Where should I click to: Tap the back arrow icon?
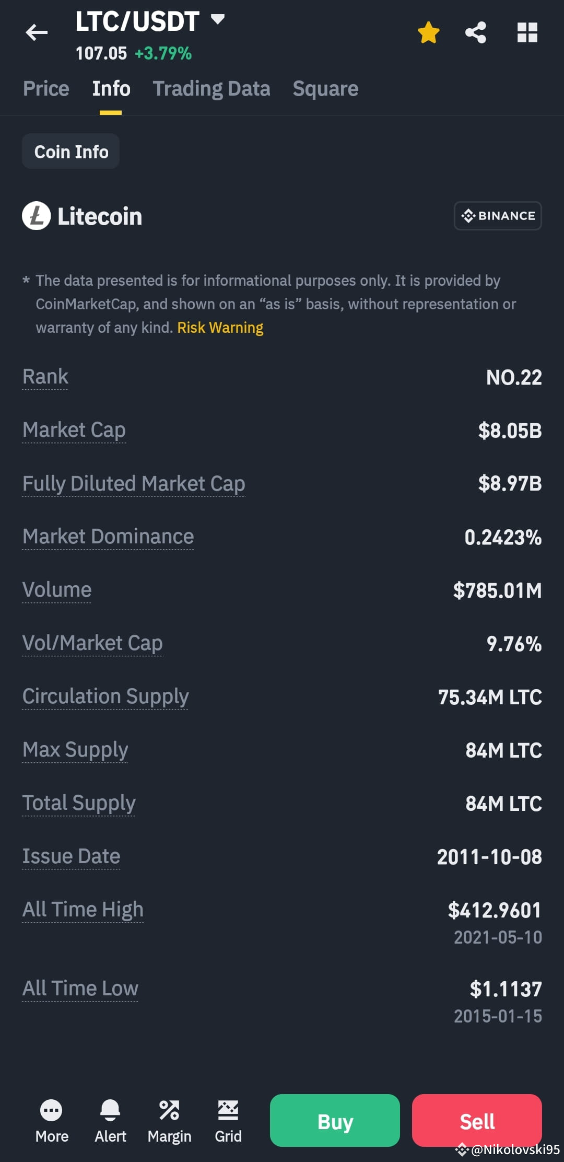click(x=37, y=32)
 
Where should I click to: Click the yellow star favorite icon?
click(x=428, y=32)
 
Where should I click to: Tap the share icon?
click(x=476, y=32)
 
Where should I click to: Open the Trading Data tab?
click(x=211, y=89)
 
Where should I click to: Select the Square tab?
click(x=325, y=89)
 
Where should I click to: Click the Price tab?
click(x=46, y=89)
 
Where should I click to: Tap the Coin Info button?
click(x=71, y=152)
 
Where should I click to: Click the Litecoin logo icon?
click(x=36, y=216)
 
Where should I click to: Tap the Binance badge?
click(x=498, y=216)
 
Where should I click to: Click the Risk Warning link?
click(x=220, y=328)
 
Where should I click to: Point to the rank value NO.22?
click(x=514, y=377)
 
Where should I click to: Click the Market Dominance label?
click(x=108, y=537)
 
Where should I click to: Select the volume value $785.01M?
click(x=497, y=590)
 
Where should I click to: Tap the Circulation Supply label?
click(x=105, y=696)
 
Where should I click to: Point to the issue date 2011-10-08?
click(x=489, y=857)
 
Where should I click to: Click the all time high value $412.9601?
click(x=494, y=910)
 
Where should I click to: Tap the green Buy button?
click(x=335, y=1121)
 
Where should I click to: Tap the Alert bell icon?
click(x=110, y=1110)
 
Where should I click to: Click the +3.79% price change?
click(x=163, y=53)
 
